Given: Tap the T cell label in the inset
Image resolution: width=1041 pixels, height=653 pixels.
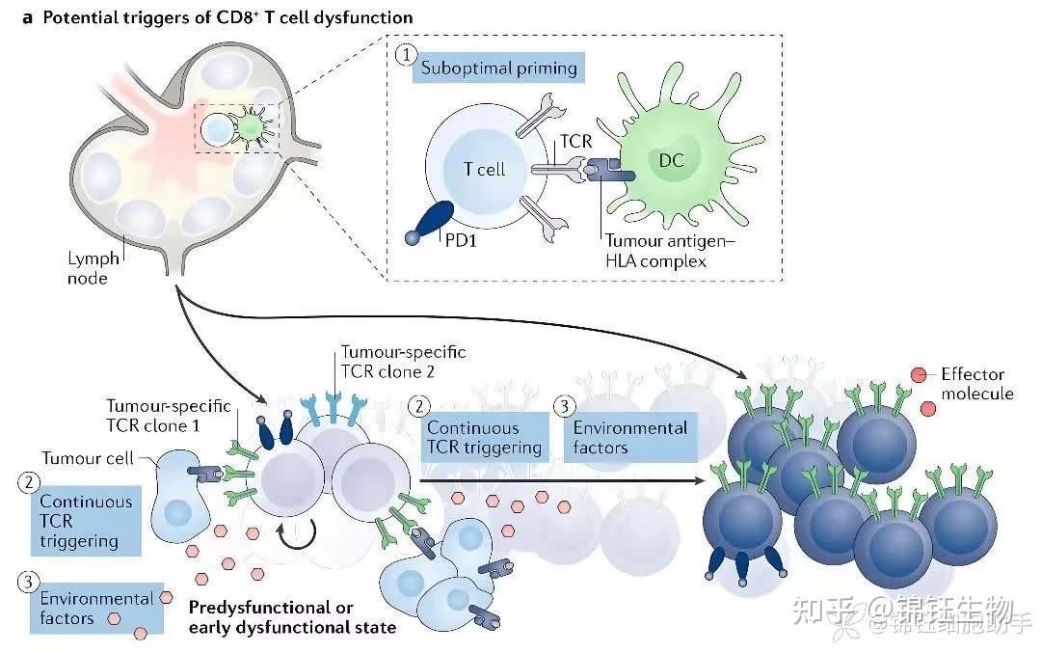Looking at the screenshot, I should pyautogui.click(x=483, y=169).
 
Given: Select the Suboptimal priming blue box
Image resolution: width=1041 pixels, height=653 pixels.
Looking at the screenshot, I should pyautogui.click(x=498, y=68).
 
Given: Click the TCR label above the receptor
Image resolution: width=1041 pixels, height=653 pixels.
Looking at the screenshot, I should pyautogui.click(x=575, y=142).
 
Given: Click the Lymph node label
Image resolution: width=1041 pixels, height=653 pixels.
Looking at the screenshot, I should pyautogui.click(x=93, y=268).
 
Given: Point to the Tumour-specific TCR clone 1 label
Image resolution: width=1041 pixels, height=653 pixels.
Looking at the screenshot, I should pyautogui.click(x=169, y=415).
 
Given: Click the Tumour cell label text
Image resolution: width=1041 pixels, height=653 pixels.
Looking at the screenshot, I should pyautogui.click(x=89, y=460).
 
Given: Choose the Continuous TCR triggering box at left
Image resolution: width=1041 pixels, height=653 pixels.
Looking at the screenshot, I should pyautogui.click(x=87, y=521).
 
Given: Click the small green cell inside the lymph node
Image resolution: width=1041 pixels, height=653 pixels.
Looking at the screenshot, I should pyautogui.click(x=251, y=128).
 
